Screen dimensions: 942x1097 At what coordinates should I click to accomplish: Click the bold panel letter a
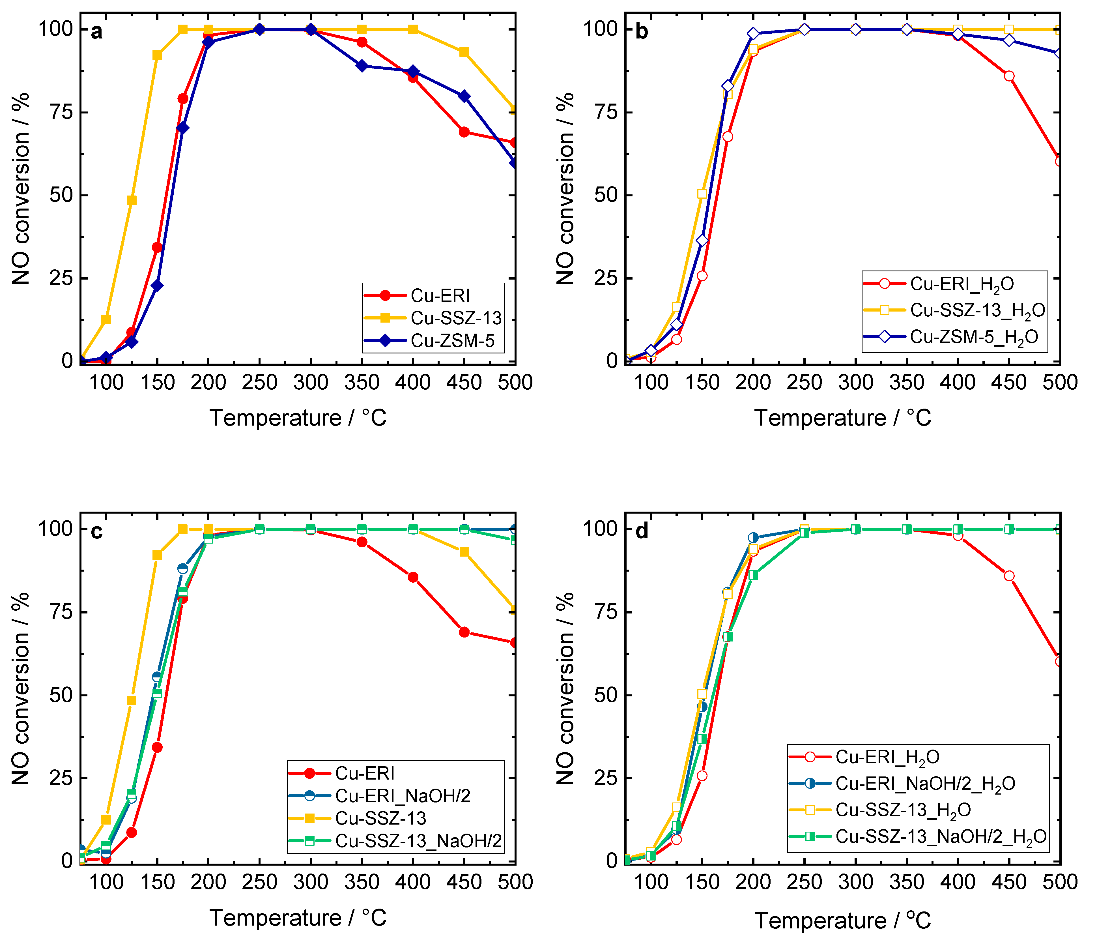click(96, 32)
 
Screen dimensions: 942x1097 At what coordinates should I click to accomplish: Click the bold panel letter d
click(642, 531)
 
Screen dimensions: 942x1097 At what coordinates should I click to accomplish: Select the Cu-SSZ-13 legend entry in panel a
click(455, 318)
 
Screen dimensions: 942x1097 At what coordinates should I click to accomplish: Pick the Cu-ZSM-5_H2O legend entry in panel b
click(973, 337)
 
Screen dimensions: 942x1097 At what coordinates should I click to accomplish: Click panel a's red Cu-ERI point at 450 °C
click(464, 132)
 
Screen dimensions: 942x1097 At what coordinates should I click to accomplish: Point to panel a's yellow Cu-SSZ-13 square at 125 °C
click(131, 200)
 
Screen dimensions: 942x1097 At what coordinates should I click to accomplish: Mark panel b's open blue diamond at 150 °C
click(702, 241)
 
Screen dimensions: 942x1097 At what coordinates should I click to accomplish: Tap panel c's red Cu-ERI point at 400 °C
click(413, 577)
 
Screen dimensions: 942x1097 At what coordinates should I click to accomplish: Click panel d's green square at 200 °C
click(753, 575)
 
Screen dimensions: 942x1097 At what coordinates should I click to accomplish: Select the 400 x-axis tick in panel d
click(958, 882)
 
